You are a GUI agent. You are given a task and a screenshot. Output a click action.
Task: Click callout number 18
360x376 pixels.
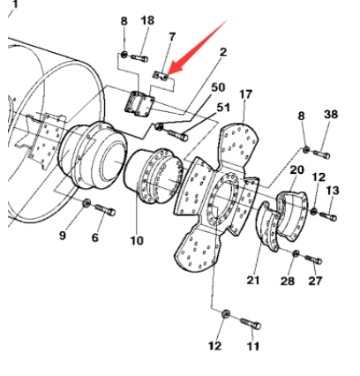pyautogui.click(x=147, y=20)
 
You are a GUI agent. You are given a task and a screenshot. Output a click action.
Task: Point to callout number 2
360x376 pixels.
pyautogui.click(x=223, y=52)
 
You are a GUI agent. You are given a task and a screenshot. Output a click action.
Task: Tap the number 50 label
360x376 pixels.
pyautogui.click(x=218, y=89)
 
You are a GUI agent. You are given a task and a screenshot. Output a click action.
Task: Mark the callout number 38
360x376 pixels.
pyautogui.click(x=330, y=115)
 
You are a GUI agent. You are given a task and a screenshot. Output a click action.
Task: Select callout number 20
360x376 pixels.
pyautogui.click(x=296, y=169)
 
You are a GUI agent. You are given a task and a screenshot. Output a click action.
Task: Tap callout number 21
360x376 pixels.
pyautogui.click(x=253, y=280)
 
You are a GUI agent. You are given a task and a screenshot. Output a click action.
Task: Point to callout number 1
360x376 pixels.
pyautogui.click(x=14, y=4)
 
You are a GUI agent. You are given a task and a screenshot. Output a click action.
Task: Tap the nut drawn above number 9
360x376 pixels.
pyautogui.click(x=86, y=206)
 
